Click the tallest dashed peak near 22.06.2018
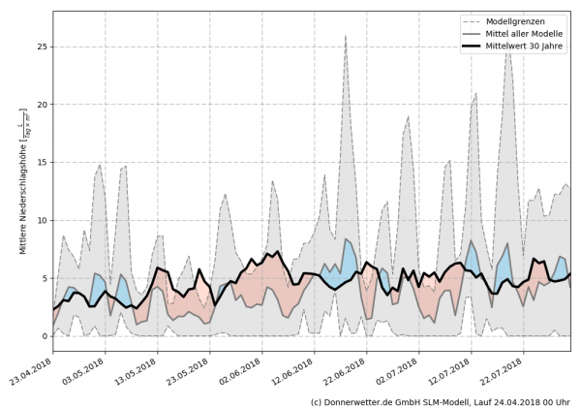point(346,36)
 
